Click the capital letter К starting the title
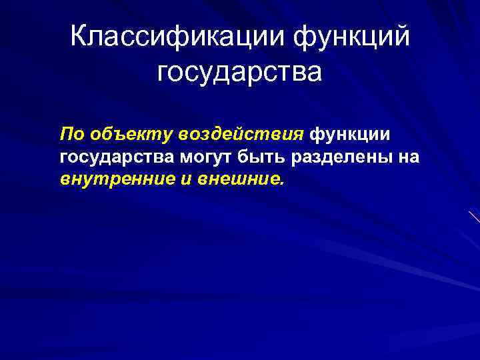pos(79,37)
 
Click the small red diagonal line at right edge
pos(474,217)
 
